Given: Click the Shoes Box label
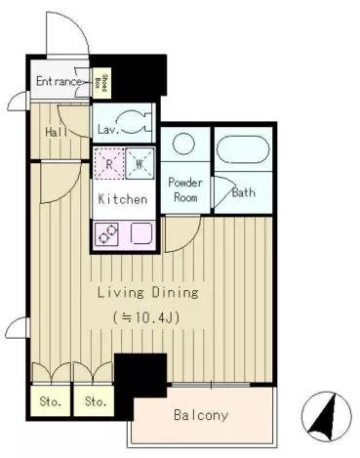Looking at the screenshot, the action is (101, 83).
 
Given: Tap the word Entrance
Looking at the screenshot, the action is (59, 81).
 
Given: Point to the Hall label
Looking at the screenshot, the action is (57, 132).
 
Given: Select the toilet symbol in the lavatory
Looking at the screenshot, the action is (134, 122).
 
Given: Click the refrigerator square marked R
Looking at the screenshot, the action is (109, 163).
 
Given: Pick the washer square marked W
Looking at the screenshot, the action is (140, 163).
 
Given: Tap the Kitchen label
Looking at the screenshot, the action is (123, 199).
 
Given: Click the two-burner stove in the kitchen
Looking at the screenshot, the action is (106, 233).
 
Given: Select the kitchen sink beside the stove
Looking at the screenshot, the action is (141, 233).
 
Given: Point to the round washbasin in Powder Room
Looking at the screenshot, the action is (183, 144).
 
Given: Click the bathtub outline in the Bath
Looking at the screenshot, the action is (243, 148).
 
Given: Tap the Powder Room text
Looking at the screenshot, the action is (185, 189).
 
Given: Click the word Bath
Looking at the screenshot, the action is (244, 192).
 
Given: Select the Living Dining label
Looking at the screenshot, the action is (148, 292).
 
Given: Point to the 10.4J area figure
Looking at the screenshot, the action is (146, 317).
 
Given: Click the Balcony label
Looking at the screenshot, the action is (201, 415).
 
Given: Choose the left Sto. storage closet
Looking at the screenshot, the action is (51, 400).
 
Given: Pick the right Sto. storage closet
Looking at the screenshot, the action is (94, 400).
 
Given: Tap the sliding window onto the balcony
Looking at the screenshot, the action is (211, 385).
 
